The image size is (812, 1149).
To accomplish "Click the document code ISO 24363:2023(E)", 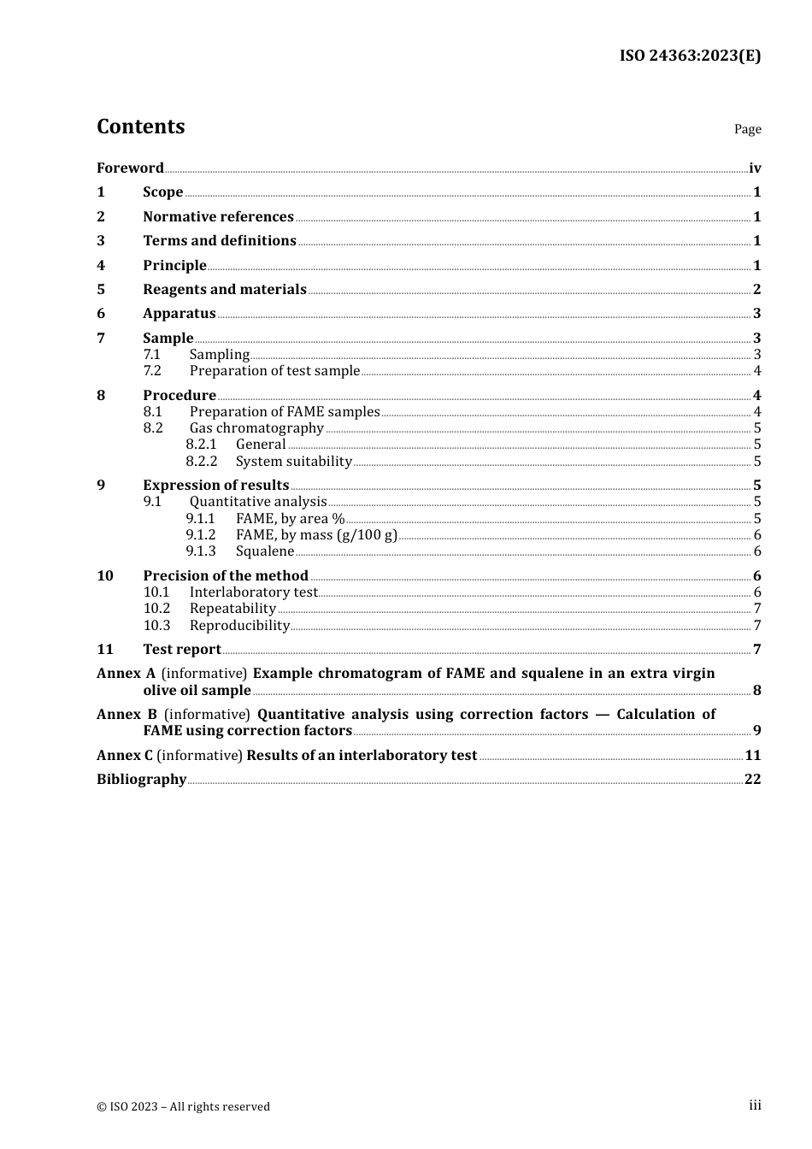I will [x=690, y=56].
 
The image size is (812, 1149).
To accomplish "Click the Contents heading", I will [x=141, y=127].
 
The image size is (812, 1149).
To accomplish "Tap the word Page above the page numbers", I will [x=747, y=129].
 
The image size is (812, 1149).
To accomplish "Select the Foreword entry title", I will [x=130, y=168].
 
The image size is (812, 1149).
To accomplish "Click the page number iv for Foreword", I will [x=755, y=168].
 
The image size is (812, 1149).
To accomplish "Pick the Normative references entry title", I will [x=218, y=217].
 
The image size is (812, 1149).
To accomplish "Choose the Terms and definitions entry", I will [x=220, y=241].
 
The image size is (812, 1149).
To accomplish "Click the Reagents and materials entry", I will [x=225, y=290].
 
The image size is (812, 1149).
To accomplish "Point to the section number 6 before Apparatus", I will [x=101, y=314].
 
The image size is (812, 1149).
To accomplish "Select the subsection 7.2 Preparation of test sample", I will [x=274, y=371].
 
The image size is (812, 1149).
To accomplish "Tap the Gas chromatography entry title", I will [x=256, y=428].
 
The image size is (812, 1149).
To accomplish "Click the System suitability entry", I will [x=294, y=462].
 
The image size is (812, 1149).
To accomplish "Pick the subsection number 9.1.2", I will [x=201, y=535].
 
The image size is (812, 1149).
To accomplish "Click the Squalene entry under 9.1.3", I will [x=265, y=551].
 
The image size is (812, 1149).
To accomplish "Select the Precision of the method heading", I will [x=226, y=576].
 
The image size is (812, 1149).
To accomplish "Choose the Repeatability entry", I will [x=232, y=609].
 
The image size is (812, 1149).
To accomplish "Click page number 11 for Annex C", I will [x=753, y=756].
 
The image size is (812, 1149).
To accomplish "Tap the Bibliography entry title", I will [x=141, y=780].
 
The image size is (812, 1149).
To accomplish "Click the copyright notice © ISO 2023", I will [x=183, y=1107].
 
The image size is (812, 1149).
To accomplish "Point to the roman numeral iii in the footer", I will [x=755, y=1105].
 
